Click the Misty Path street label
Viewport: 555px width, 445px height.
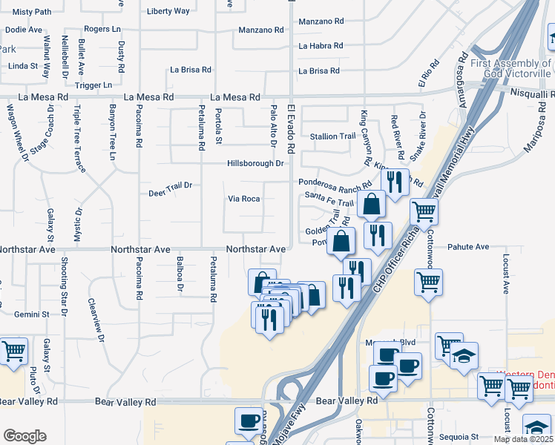[x=32, y=12]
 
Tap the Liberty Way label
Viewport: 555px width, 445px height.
[x=168, y=11]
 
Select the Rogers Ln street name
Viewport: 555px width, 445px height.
[x=102, y=29]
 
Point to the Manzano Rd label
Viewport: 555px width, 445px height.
[x=261, y=30]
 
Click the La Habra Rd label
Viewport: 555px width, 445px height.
[x=321, y=46]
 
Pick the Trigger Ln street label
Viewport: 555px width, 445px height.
[x=93, y=85]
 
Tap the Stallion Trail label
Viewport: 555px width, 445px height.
[x=332, y=136]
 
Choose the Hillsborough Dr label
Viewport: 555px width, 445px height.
[x=255, y=163]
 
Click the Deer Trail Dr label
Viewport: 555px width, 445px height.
[x=170, y=185]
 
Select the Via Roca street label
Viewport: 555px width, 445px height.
[x=243, y=199]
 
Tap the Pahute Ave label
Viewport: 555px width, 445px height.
[x=468, y=246]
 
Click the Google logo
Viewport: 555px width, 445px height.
[x=24, y=436]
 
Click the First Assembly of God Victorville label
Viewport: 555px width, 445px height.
[x=511, y=68]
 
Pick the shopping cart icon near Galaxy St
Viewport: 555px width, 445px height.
[x=13, y=352]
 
